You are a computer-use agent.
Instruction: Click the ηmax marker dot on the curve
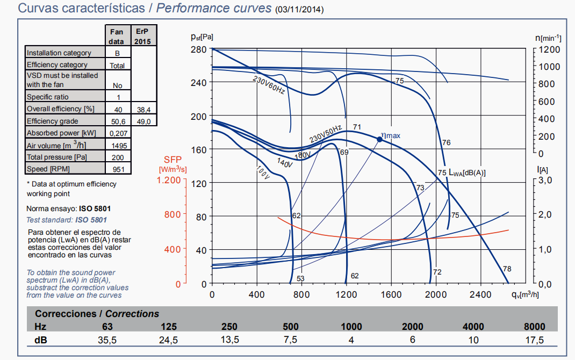tap(379, 139)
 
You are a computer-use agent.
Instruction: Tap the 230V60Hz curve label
tap(269, 84)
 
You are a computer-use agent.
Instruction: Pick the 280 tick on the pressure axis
tap(199, 49)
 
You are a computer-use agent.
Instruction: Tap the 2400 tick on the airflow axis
tap(480, 294)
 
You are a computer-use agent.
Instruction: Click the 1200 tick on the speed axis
tap(549, 49)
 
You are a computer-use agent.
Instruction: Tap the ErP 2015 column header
tap(142, 37)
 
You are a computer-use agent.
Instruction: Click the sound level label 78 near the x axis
tap(507, 269)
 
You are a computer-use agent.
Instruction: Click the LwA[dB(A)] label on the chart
tap(467, 172)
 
